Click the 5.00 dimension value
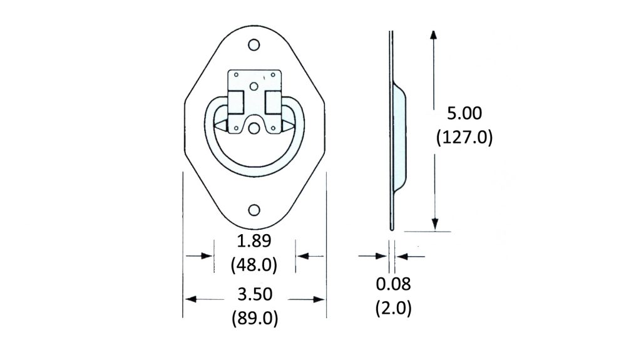(x=463, y=114)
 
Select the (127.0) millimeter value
(x=463, y=137)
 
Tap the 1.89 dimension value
(x=254, y=242)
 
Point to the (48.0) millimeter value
(x=254, y=265)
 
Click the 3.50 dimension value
(x=254, y=294)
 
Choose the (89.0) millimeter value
(x=254, y=318)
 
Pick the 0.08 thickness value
(x=393, y=284)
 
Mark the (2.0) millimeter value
(x=393, y=308)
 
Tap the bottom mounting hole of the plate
(x=254, y=210)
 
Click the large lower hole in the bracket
(x=254, y=128)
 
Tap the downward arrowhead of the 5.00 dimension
(x=434, y=225)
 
